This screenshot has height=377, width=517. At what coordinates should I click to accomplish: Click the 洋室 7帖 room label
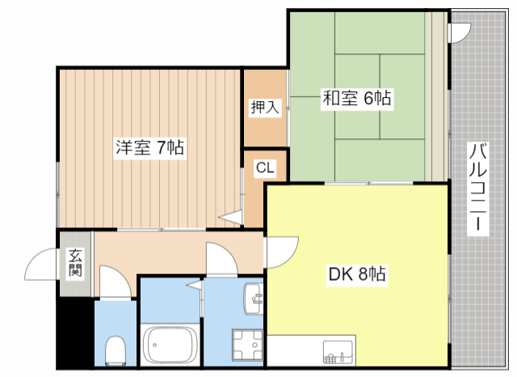tap(149, 148)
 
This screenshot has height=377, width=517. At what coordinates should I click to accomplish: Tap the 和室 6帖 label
tap(357, 99)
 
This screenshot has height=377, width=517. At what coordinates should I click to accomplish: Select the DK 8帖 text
tap(356, 275)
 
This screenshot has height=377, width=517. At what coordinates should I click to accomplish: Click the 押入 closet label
tap(265, 106)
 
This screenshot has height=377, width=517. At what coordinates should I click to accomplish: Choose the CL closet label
tap(265, 168)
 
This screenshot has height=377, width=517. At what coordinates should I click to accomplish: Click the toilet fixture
tap(116, 350)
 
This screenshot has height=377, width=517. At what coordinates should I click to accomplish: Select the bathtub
tap(170, 346)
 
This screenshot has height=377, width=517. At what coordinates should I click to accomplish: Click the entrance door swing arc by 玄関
tap(40, 261)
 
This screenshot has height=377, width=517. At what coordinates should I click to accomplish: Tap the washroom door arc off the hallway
tap(220, 259)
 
